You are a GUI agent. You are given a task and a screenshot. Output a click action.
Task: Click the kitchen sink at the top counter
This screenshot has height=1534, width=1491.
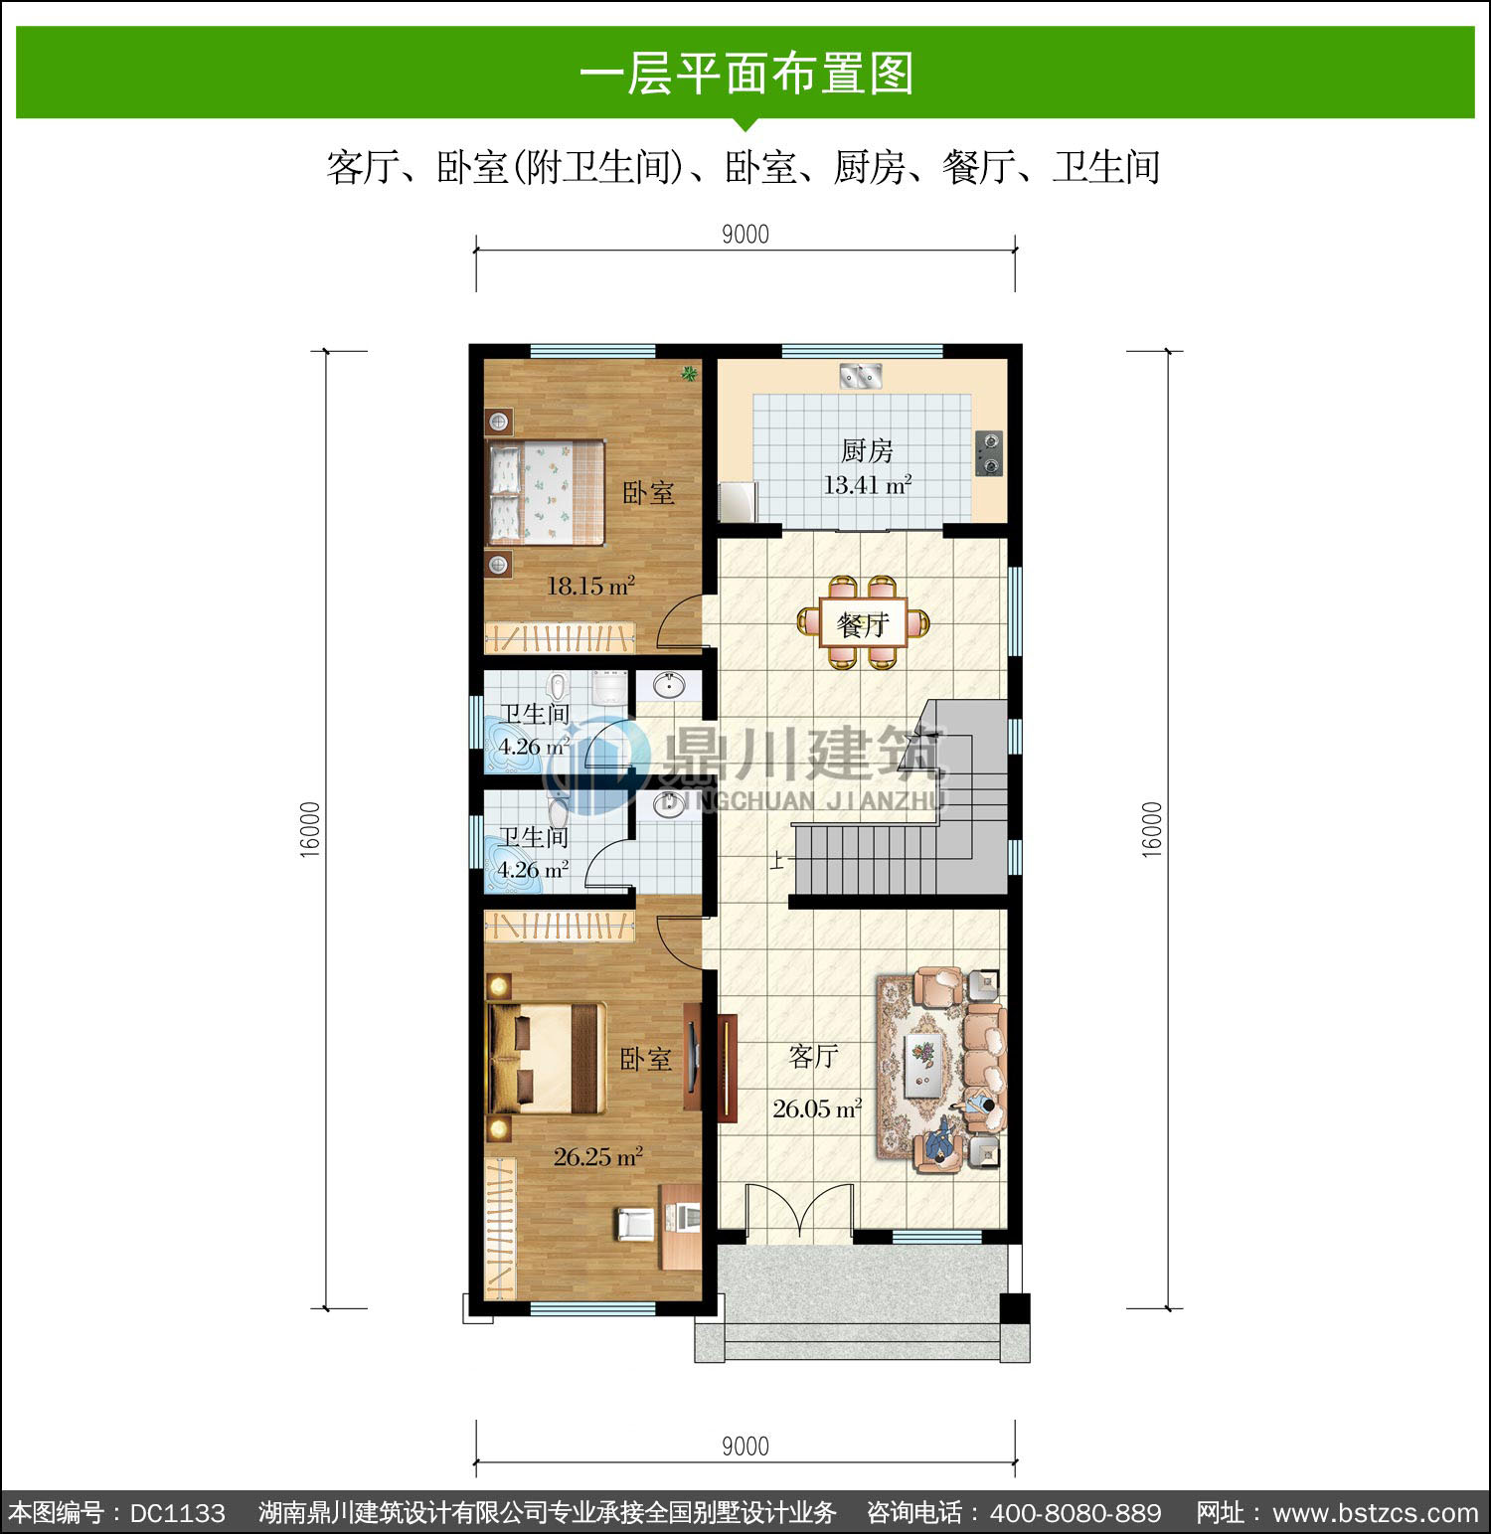(861, 376)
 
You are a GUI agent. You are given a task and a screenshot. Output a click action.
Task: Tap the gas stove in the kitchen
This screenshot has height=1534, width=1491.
(989, 453)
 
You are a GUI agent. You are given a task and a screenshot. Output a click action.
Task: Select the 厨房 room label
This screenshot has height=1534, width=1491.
(867, 451)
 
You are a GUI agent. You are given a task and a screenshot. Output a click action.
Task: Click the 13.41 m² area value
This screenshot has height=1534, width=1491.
(868, 485)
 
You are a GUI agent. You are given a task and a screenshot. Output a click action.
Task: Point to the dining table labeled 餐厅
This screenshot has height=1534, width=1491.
(863, 624)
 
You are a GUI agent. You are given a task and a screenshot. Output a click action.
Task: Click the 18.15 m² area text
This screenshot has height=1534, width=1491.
(590, 586)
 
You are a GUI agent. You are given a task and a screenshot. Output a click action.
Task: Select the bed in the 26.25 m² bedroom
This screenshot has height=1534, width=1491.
(546, 1058)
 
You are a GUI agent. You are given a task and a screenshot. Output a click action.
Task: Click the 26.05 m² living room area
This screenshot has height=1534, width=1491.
(817, 1108)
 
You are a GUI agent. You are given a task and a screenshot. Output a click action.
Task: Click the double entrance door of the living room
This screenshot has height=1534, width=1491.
(799, 1212)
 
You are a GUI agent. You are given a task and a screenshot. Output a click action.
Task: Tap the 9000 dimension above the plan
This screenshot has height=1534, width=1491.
(745, 235)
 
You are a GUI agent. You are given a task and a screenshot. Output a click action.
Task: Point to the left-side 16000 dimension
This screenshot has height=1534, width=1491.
(310, 829)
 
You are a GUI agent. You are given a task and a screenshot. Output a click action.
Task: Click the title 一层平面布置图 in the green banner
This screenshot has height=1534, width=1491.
(746, 74)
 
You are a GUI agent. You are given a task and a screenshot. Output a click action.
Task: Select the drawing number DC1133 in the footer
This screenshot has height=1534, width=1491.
(178, 1513)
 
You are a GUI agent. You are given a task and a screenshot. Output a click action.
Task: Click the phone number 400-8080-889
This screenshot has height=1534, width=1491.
(1076, 1513)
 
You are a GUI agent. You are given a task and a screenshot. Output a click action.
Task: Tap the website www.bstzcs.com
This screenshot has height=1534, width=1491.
(1376, 1513)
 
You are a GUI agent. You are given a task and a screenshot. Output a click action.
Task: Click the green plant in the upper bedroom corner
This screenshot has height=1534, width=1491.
(688, 374)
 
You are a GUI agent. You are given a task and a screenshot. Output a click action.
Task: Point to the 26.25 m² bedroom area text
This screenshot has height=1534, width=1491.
(598, 1157)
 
